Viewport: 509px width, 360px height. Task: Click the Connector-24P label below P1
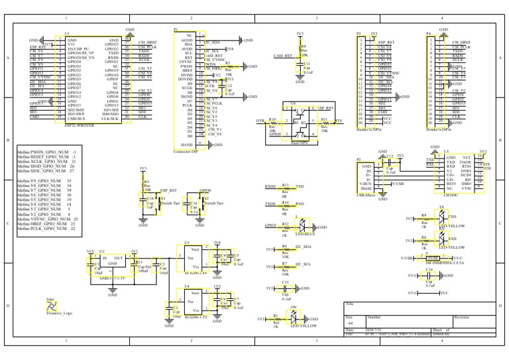point(186,152)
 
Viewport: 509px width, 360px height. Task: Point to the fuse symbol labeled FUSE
point(433,257)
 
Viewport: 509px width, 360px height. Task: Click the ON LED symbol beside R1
point(295,318)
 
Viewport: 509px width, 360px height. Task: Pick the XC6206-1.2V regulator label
point(196,318)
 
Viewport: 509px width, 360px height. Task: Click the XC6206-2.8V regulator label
point(196,272)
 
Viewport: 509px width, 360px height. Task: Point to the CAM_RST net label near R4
point(283,56)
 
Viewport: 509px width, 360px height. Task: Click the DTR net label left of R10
point(260,121)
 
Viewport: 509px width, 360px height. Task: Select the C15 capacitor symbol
point(286,289)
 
